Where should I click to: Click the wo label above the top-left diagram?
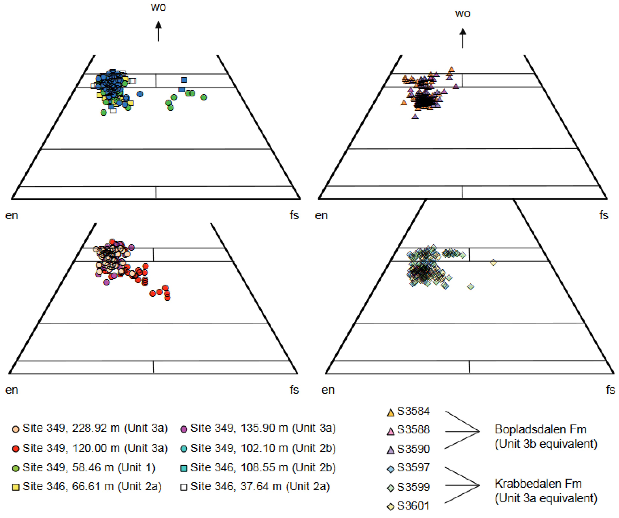[158, 7]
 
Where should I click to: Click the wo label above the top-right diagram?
[463, 14]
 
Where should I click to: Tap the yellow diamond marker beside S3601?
[390, 507]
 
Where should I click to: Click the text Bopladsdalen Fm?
[541, 429]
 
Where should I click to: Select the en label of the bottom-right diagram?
[328, 390]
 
